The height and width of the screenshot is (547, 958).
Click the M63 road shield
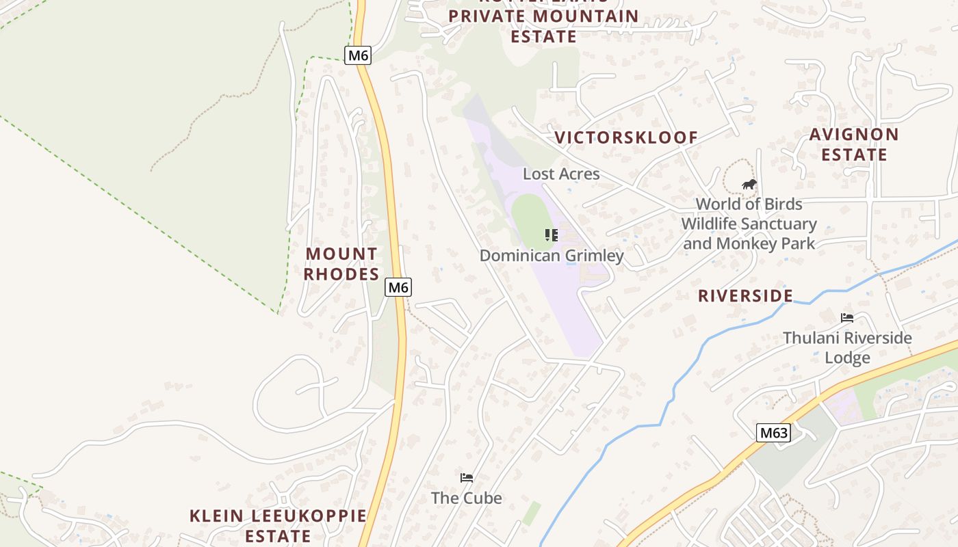click(774, 433)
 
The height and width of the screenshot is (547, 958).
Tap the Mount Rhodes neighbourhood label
click(341, 264)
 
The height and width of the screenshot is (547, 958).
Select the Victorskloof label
click(626, 137)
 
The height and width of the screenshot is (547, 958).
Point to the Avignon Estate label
click(854, 144)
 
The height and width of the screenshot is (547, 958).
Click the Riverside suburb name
click(745, 296)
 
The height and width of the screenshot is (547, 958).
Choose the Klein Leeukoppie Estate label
click(278, 525)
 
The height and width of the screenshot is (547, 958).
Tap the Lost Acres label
click(561, 174)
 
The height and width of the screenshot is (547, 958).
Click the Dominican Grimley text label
click(552, 256)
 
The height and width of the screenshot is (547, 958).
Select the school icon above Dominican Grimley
click(552, 235)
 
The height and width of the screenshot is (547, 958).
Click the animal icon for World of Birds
click(749, 184)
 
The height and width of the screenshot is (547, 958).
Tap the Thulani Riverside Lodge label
click(847, 347)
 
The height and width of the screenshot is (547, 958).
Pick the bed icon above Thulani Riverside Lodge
click(847, 318)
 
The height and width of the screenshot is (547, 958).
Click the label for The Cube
click(467, 498)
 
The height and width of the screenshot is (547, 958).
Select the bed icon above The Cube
click(467, 477)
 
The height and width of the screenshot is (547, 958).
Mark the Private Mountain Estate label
click(544, 25)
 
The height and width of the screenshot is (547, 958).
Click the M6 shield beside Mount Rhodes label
click(398, 287)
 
